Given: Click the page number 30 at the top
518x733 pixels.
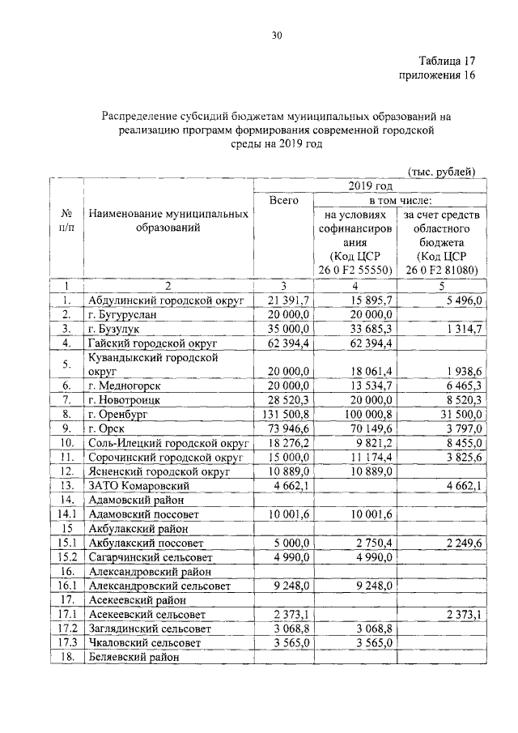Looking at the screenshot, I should tap(277, 36).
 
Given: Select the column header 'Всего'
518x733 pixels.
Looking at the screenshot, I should tap(283, 200).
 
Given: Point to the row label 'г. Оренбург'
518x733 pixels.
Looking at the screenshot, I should tap(121, 414).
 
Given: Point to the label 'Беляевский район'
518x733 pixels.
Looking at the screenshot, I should tap(132, 658).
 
